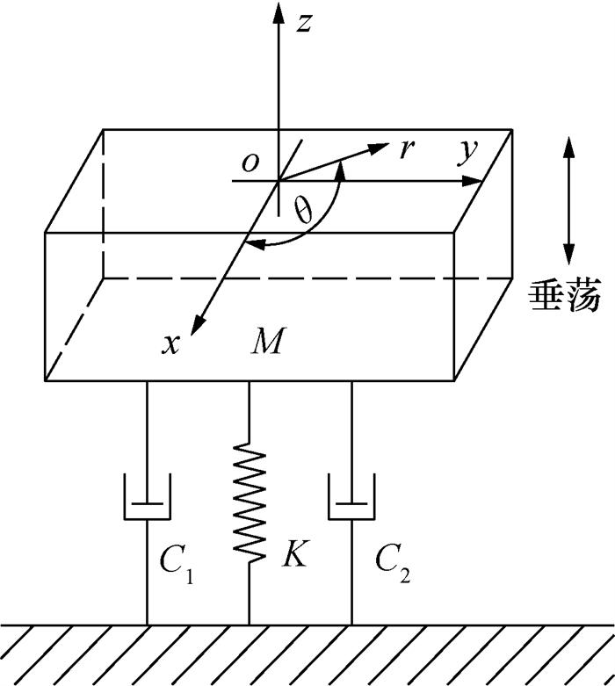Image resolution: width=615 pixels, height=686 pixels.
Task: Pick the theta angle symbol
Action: tap(304, 212)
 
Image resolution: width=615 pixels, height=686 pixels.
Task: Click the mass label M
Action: tap(266, 341)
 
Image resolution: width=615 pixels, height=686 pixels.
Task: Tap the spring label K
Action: tap(295, 555)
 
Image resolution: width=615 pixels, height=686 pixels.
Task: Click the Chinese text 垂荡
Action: tap(564, 296)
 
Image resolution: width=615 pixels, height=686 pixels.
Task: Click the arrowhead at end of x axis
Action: tap(198, 324)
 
